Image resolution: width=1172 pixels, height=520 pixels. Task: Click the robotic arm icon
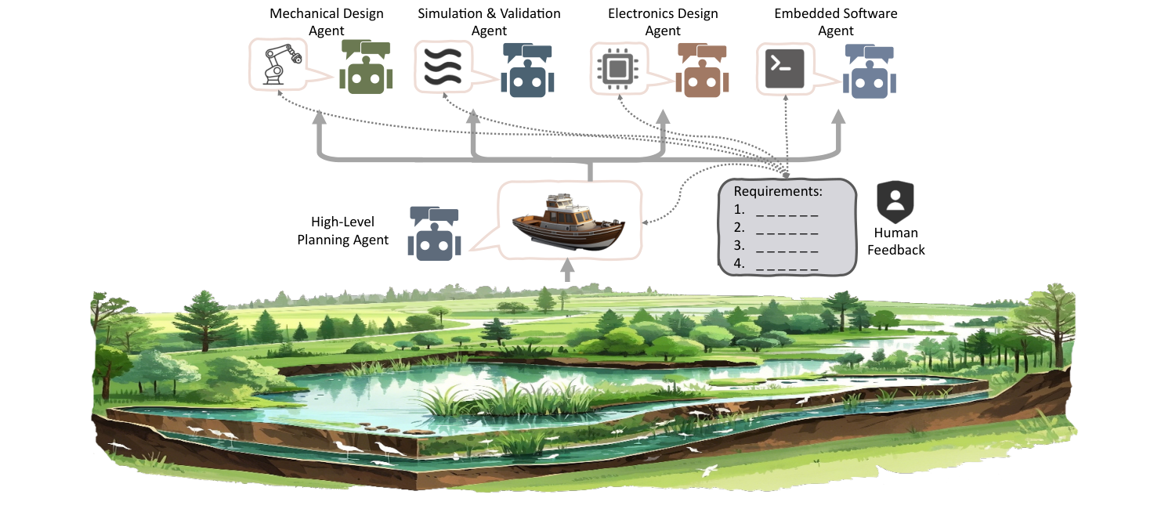point(279,64)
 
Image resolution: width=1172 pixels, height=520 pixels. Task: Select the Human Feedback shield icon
point(895,202)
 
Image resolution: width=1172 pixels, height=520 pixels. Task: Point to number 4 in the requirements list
point(739,264)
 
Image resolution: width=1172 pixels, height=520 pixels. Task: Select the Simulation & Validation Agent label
point(489,22)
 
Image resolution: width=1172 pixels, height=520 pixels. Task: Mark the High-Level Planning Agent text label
point(342,232)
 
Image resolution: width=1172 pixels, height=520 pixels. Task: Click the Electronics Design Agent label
point(663,22)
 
